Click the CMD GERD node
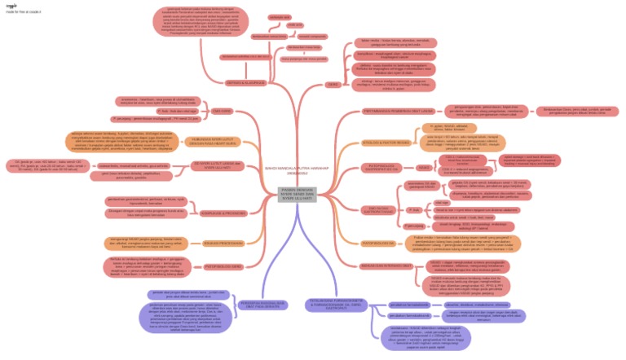[221, 110]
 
